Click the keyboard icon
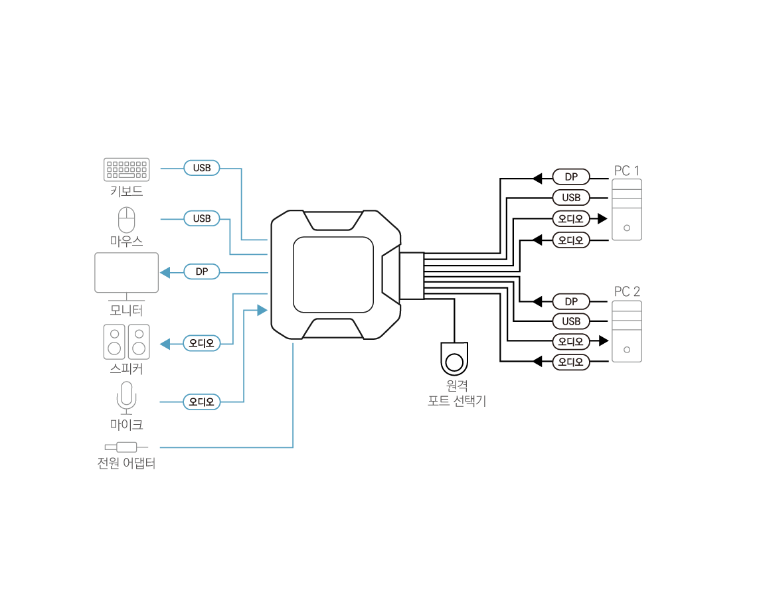click(127, 169)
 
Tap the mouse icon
click(126, 220)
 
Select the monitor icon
click(127, 273)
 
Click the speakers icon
click(126, 341)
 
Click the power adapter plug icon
click(126, 447)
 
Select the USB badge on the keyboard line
click(202, 169)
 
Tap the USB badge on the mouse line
click(202, 218)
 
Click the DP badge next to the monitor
click(202, 272)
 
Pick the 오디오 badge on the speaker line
click(202, 344)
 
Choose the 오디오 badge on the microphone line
click(202, 402)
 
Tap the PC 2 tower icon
click(626, 331)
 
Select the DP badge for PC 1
click(571, 177)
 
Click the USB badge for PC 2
click(571, 322)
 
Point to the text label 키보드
click(126, 192)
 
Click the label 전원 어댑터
click(126, 463)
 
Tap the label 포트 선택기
click(457, 401)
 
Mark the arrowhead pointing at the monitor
click(164, 272)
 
